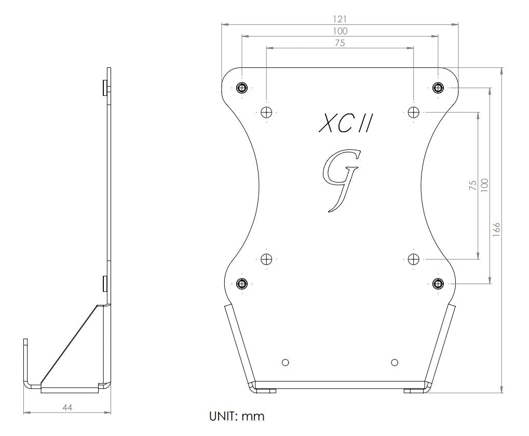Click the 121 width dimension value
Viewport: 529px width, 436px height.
pyautogui.click(x=340, y=19)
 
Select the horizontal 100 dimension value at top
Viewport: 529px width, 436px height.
pyautogui.click(x=340, y=31)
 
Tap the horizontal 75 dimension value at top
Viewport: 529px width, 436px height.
pyautogui.click(x=340, y=43)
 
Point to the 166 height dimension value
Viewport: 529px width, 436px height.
pyautogui.click(x=496, y=228)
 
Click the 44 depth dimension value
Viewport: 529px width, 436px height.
pyautogui.click(x=67, y=407)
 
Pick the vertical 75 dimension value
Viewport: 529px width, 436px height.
pyautogui.click(x=472, y=186)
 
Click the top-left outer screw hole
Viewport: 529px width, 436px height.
pyautogui.click(x=242, y=88)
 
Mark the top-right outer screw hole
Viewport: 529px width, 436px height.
pyautogui.click(x=438, y=88)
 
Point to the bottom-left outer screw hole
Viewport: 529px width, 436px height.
pyautogui.click(x=242, y=283)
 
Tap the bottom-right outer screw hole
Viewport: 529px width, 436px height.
pyautogui.click(x=438, y=283)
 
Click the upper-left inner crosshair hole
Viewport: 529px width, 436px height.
pyautogui.click(x=267, y=111)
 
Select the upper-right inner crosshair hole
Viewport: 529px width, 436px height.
pyautogui.click(x=414, y=111)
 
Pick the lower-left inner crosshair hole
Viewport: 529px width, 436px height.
pyautogui.click(x=267, y=259)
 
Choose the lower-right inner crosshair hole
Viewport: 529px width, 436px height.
pyautogui.click(x=414, y=259)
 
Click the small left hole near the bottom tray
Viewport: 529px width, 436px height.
pyautogui.click(x=285, y=362)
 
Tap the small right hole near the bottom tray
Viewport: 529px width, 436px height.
pyautogui.click(x=395, y=362)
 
